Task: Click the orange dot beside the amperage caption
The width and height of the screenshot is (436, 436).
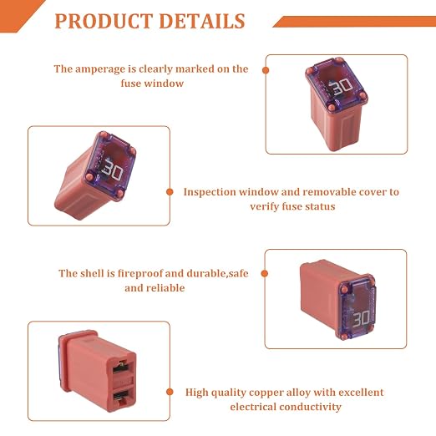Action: tap(266, 70)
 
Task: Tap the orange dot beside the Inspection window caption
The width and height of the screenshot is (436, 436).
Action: tap(170, 192)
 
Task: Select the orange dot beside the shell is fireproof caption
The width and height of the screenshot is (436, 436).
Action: tap(265, 273)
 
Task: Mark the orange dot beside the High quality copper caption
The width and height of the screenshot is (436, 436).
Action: tap(170, 392)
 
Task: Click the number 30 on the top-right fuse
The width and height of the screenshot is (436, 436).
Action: tap(342, 86)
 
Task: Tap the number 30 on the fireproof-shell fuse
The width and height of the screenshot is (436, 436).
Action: tap(362, 318)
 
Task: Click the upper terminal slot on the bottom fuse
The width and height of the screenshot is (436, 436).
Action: tap(120, 367)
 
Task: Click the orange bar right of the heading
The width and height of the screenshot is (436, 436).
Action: tap(354, 22)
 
